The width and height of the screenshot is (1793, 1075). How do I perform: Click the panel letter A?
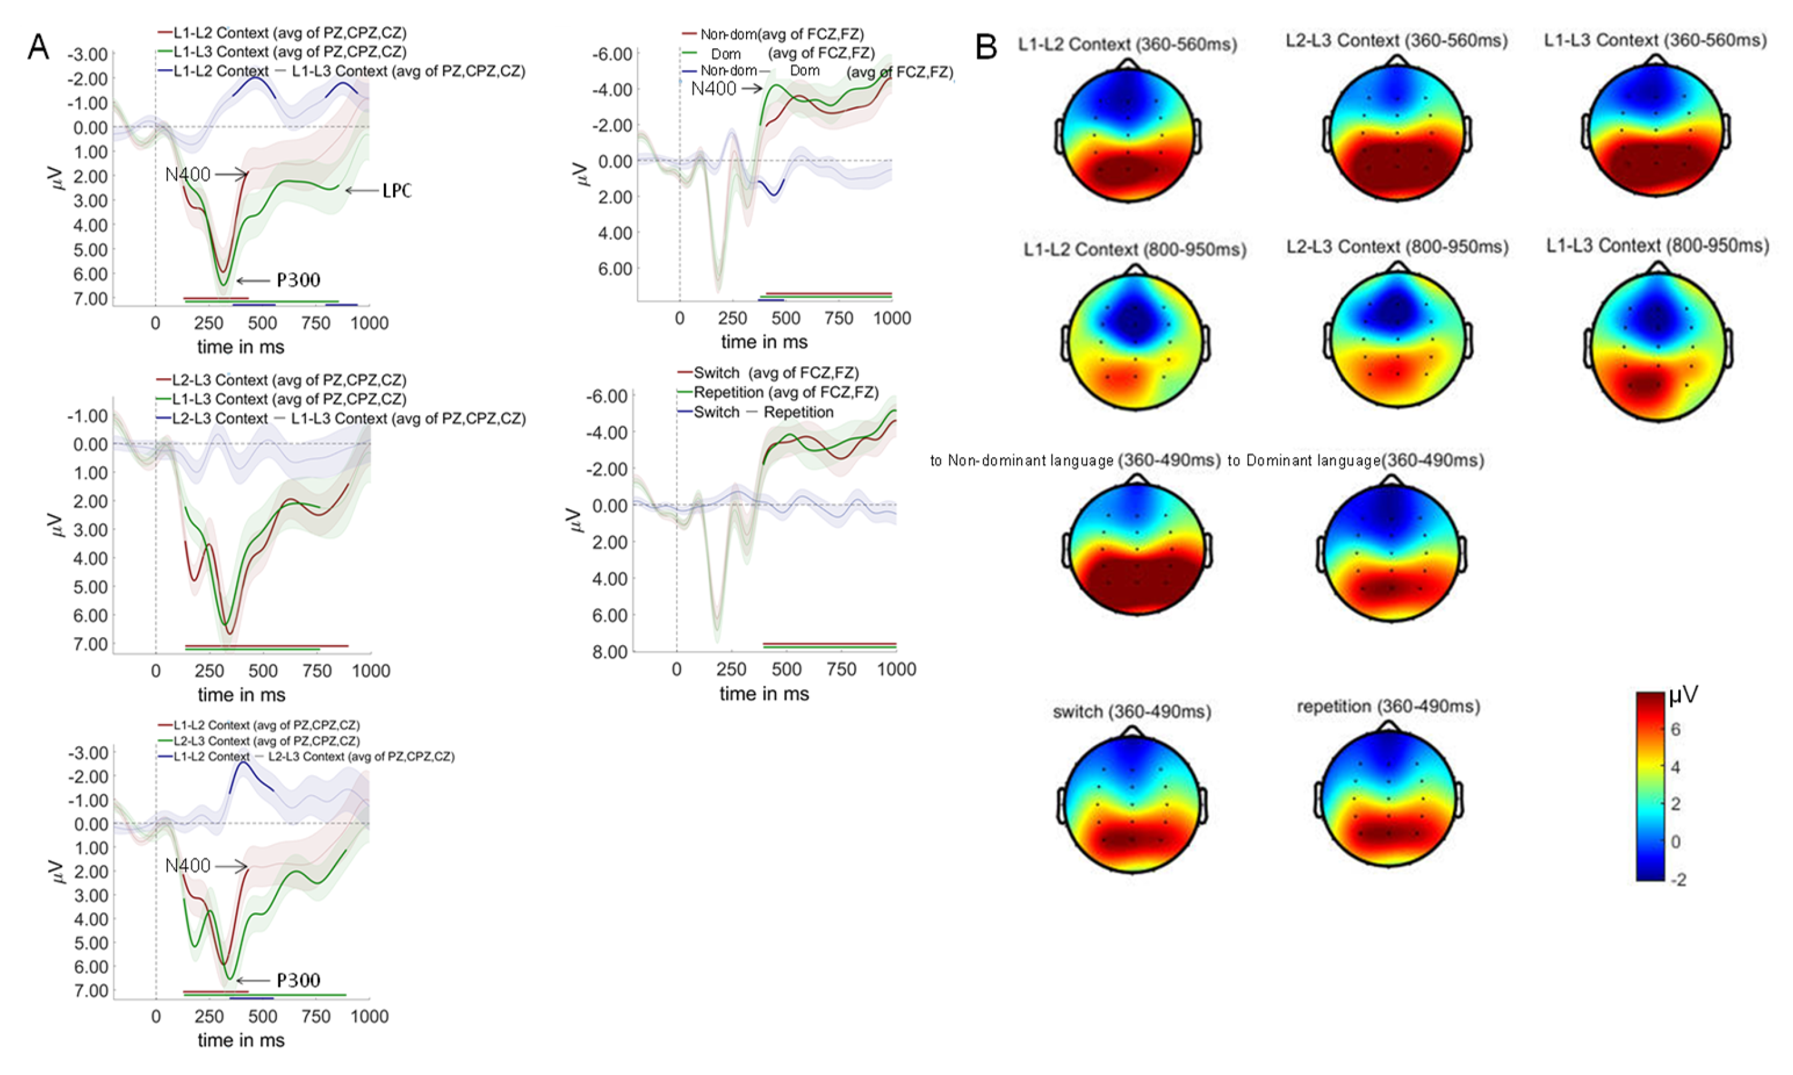pos(38,48)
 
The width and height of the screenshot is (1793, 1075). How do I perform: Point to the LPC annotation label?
pos(396,191)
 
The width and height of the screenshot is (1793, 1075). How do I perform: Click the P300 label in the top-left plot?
pos(298,281)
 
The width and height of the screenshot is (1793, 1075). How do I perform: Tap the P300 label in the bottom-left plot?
pos(298,980)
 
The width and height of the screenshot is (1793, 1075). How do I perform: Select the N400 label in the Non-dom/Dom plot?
pos(714,88)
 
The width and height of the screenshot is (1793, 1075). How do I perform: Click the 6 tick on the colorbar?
pos(1676,730)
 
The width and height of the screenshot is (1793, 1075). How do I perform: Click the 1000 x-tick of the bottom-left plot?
pos(370,1016)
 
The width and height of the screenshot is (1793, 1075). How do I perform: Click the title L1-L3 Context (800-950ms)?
pos(1657,246)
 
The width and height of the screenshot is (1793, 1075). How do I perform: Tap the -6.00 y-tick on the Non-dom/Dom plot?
pos(612,54)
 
